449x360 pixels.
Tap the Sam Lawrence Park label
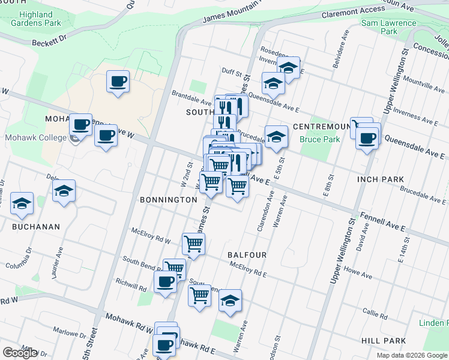pos(388,27)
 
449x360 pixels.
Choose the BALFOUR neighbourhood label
pos(247,255)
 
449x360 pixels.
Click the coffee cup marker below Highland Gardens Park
pos(118,81)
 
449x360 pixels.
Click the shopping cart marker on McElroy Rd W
pos(194,244)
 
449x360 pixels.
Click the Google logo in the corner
pos(20,353)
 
